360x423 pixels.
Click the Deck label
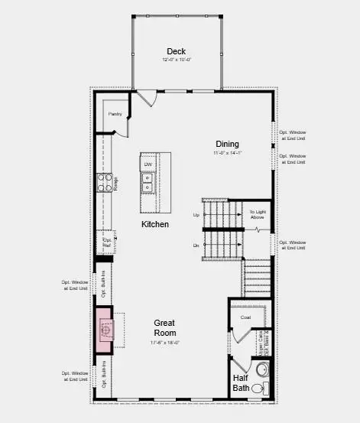point(177,51)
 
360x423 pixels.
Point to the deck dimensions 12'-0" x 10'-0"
point(177,60)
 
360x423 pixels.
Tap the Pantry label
point(115,114)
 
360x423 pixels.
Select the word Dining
point(226,144)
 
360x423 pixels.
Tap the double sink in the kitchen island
point(146,183)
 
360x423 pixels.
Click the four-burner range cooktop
point(103,183)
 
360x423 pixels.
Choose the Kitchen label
point(154,224)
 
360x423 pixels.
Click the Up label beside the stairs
point(196,215)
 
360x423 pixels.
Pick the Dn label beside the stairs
point(196,245)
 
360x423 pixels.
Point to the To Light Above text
point(257,215)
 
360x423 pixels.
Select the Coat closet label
point(245,317)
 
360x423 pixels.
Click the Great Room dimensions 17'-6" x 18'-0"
point(165,342)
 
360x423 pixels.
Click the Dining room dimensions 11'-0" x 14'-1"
point(226,153)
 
